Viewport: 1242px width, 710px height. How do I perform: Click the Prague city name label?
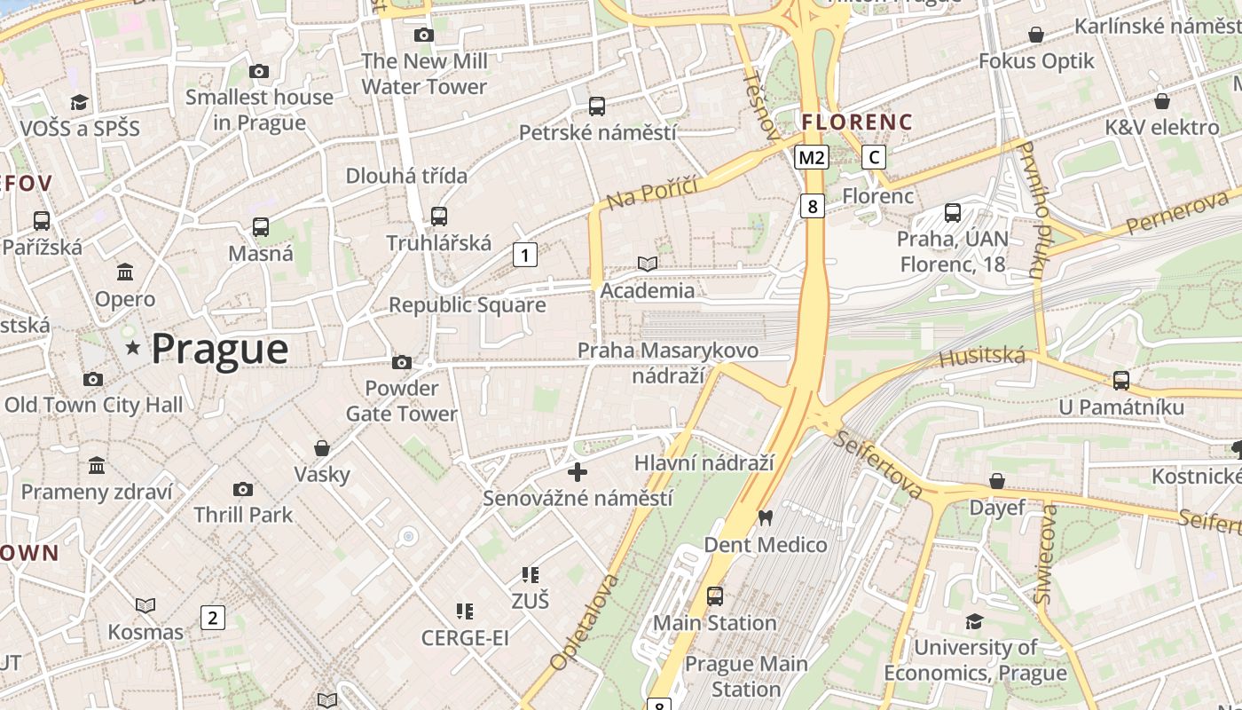(x=219, y=349)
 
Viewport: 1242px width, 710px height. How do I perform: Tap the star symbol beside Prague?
(x=133, y=348)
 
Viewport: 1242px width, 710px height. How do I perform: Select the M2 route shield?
(x=811, y=158)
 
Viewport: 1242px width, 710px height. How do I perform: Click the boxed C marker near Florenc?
(x=874, y=158)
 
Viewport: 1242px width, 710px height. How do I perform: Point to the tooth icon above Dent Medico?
(x=765, y=517)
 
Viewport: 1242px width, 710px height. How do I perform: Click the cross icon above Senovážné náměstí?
(x=578, y=471)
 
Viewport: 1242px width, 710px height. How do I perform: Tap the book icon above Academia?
(x=648, y=264)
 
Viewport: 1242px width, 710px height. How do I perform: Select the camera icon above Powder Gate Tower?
(x=402, y=362)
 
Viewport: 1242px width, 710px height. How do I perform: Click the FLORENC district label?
(x=856, y=122)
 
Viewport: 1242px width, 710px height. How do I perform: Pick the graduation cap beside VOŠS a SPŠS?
(x=80, y=102)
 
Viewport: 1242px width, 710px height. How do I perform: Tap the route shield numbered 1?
(x=525, y=256)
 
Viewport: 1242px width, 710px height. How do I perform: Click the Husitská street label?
(x=982, y=358)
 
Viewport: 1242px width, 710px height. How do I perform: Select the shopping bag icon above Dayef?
(x=997, y=481)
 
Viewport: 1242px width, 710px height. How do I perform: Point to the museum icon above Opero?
(x=125, y=272)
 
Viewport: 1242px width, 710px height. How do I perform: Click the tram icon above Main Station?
(x=715, y=596)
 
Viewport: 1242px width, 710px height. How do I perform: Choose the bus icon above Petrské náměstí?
(x=597, y=106)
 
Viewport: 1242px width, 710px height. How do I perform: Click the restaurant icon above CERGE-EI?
(x=464, y=611)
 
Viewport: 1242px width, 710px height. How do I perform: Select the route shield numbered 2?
(x=212, y=618)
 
